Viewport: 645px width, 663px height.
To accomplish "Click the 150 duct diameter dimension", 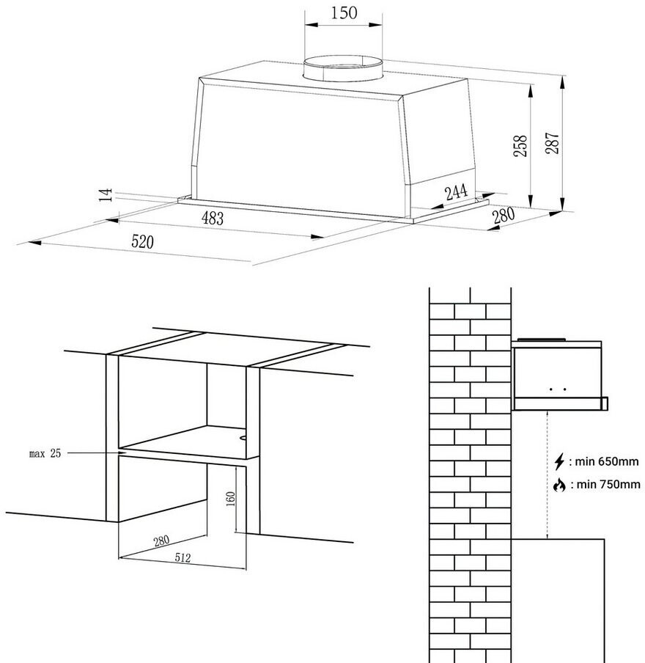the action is click(x=343, y=12).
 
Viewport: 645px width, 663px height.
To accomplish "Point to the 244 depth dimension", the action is click(x=455, y=193).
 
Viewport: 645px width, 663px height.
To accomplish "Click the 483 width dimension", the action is click(x=213, y=218).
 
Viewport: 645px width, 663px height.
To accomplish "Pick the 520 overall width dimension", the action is click(x=143, y=241).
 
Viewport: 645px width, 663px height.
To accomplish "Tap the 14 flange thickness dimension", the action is click(x=106, y=194).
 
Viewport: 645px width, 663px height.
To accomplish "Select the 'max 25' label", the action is click(x=45, y=454).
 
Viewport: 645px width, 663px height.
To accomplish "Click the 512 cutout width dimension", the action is click(x=183, y=558).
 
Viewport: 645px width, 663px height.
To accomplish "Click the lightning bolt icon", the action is click(x=559, y=462).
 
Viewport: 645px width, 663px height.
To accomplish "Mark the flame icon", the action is click(x=559, y=485).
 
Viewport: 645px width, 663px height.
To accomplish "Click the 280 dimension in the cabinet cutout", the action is click(x=161, y=541).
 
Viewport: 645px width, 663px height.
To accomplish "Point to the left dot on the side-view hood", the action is click(x=552, y=389).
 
